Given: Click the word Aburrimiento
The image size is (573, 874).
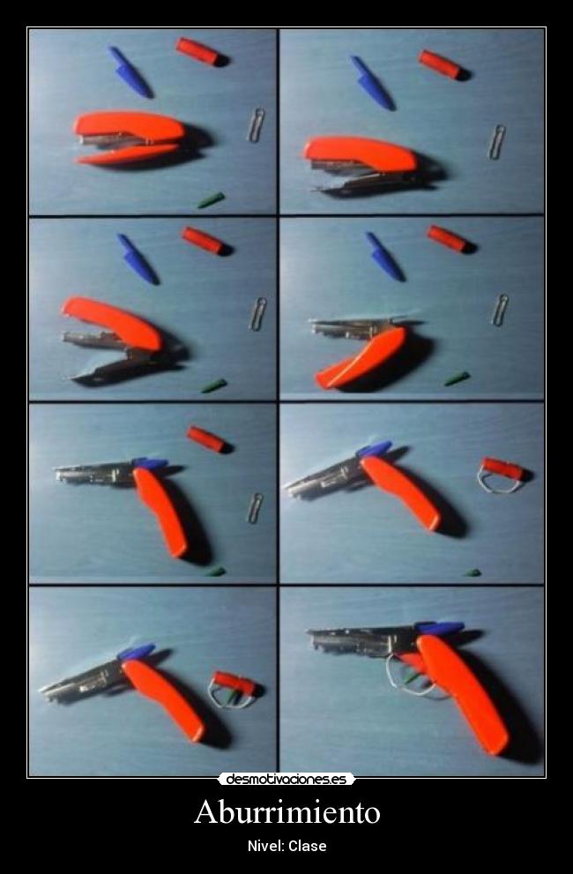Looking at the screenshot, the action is click(x=287, y=811).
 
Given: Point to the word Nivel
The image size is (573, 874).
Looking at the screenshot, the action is click(x=265, y=846).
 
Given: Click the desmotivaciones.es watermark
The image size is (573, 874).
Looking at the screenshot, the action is click(x=286, y=779).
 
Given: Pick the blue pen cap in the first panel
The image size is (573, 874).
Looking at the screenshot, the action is click(x=130, y=72).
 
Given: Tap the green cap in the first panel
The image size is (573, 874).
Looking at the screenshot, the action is click(x=211, y=200).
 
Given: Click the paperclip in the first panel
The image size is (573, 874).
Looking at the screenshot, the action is click(x=257, y=125).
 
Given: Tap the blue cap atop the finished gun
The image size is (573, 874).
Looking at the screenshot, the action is click(x=441, y=629).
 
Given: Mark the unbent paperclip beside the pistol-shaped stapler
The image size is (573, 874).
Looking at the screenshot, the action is click(x=256, y=508).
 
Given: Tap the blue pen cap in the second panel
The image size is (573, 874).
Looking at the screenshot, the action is click(x=372, y=83).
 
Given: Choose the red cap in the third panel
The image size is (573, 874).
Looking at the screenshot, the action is click(x=204, y=240).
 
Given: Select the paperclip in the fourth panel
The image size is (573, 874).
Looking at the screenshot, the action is click(x=500, y=310).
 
